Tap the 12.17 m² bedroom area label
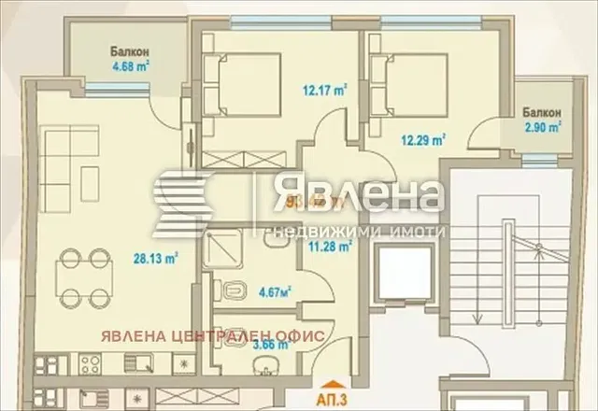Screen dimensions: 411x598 click(x=325, y=91)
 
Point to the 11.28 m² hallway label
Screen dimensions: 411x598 click(x=330, y=247)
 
